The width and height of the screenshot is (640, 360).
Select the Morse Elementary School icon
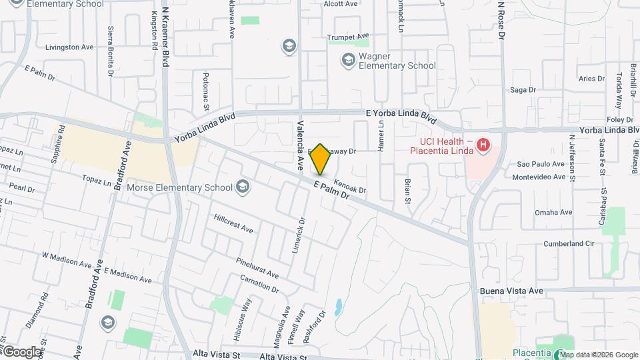click(x=243, y=187)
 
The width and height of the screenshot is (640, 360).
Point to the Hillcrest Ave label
click(x=234, y=223)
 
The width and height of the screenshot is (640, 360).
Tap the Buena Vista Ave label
click(x=512, y=291)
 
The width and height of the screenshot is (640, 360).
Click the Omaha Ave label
click(x=554, y=213)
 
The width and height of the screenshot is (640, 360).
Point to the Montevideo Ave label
click(x=543, y=177)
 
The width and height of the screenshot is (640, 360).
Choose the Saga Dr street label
click(x=523, y=90)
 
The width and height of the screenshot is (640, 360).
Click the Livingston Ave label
click(x=69, y=47)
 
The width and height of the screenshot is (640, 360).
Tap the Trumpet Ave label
click(x=348, y=36)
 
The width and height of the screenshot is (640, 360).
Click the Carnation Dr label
click(x=259, y=283)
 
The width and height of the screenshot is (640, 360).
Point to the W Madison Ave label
click(x=67, y=259)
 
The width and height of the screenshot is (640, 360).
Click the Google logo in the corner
click(x=22, y=351)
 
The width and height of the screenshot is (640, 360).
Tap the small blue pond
click(x=339, y=307)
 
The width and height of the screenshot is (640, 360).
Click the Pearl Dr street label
click(x=22, y=189)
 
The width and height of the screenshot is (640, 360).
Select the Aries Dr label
click(x=591, y=79)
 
